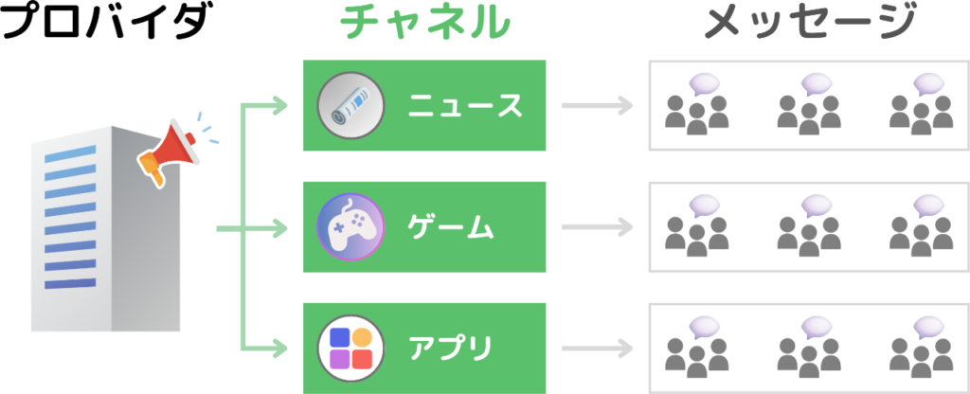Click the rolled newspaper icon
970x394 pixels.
(350, 105)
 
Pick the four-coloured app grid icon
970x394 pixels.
(350, 348)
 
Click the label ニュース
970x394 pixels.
(464, 106)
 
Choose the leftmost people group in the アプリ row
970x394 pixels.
(697, 347)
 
